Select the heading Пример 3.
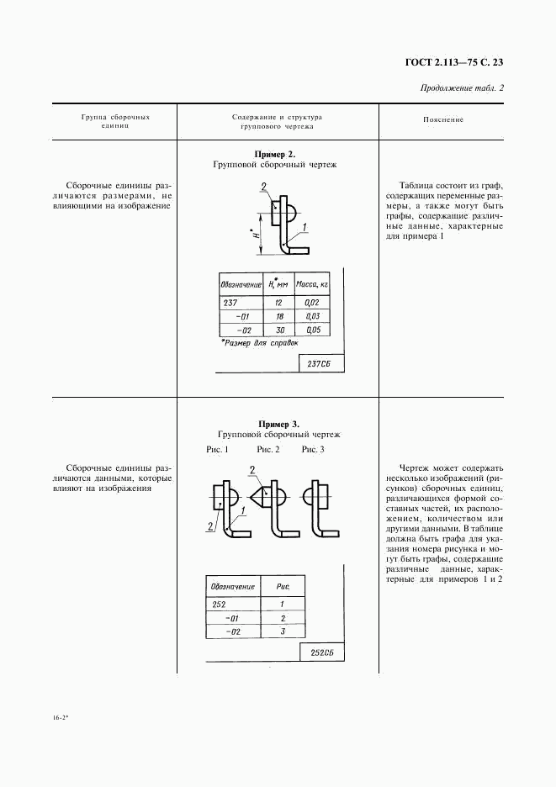tap(278, 424)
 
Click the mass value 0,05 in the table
tap(312, 330)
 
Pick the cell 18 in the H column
tap(278, 316)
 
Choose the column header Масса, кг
tap(311, 284)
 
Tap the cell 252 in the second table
tap(220, 604)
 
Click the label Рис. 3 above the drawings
tap(313, 451)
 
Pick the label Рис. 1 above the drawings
tap(217, 451)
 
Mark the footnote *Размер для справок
tap(258, 343)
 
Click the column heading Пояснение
tap(443, 120)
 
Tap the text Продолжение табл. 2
tap(461, 88)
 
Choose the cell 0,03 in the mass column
tap(312, 316)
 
